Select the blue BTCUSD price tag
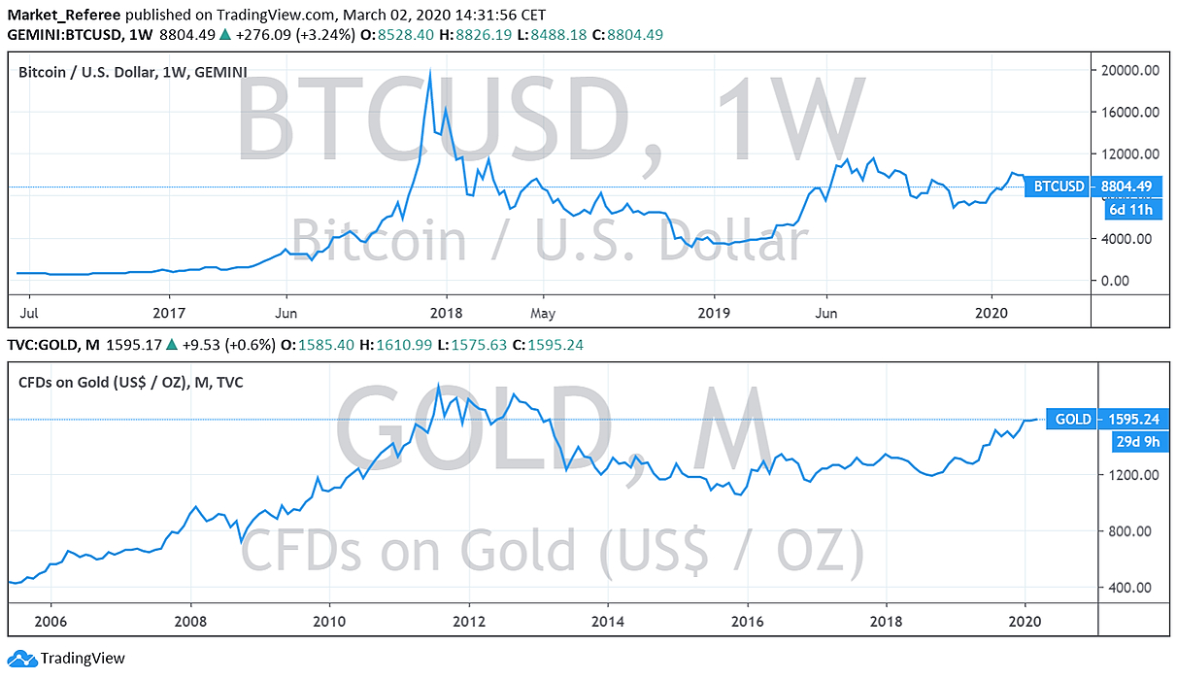(1058, 186)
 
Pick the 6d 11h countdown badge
(1129, 209)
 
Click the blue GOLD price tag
(1072, 420)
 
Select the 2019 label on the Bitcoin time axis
(714, 314)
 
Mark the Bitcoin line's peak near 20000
(430, 71)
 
